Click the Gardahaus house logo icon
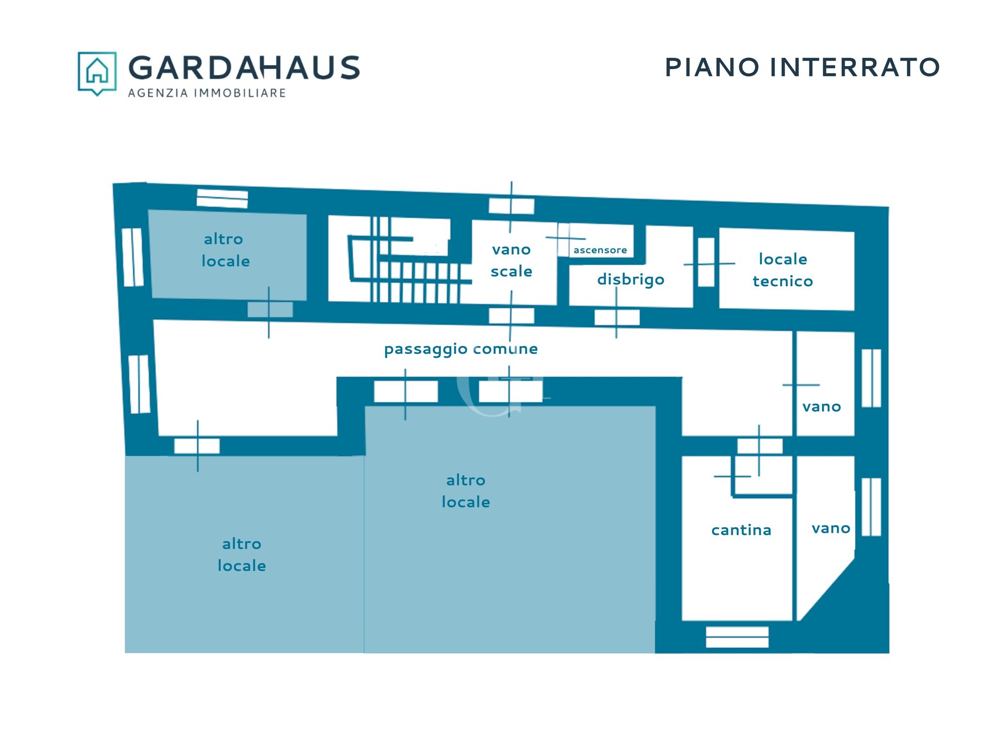tap(97, 73)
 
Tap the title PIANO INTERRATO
tap(802, 68)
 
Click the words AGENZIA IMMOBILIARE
tap(207, 93)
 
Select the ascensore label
tap(600, 250)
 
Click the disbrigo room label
tap(631, 280)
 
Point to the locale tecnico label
tap(783, 270)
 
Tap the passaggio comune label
tap(461, 349)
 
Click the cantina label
tap(741, 530)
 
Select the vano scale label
tap(512, 261)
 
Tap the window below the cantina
tap(737, 637)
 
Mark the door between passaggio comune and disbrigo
tap(617, 318)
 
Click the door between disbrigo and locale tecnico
tap(706, 263)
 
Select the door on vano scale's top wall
tap(512, 206)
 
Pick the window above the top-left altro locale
tap(222, 199)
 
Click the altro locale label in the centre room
tap(466, 491)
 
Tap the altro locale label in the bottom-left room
tap(242, 555)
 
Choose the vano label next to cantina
tap(831, 529)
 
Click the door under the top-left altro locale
tap(270, 309)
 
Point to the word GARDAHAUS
tap(244, 68)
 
